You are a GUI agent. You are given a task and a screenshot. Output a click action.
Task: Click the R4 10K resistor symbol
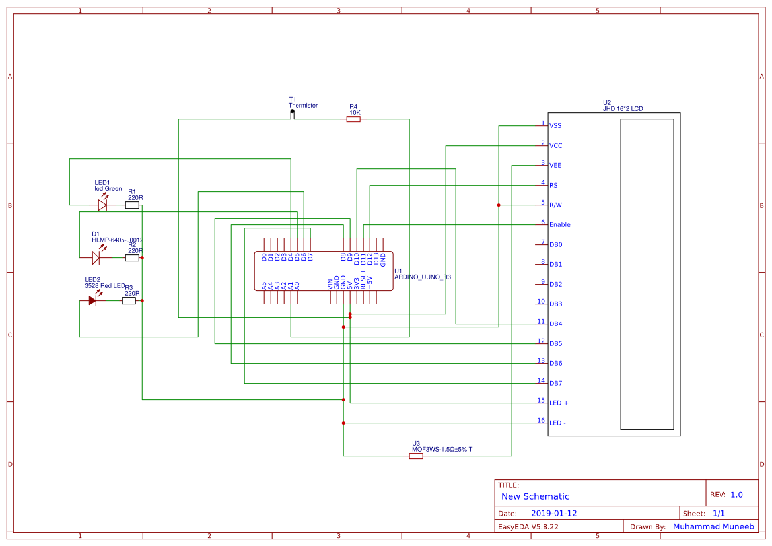click(353, 119)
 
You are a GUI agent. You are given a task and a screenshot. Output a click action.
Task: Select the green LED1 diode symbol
click(102, 205)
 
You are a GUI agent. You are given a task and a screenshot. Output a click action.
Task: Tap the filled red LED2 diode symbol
click(93, 300)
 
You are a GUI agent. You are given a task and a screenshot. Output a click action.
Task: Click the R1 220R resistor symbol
click(132, 205)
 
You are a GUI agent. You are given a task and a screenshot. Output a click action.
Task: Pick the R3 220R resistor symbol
click(129, 300)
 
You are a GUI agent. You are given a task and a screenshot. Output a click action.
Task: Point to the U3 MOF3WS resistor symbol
click(416, 456)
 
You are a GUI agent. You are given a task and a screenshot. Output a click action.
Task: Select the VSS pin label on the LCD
click(555, 125)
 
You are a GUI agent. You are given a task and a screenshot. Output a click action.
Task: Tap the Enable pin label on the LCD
click(559, 224)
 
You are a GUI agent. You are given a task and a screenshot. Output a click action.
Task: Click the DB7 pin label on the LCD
click(555, 383)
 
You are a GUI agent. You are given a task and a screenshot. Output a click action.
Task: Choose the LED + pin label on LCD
click(559, 403)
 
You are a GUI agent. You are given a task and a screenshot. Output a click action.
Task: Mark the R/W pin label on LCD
click(555, 205)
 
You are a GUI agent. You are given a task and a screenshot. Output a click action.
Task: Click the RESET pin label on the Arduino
click(363, 279)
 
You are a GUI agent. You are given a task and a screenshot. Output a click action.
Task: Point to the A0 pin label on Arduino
click(297, 285)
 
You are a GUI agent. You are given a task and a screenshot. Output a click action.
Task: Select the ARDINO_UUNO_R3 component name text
click(423, 277)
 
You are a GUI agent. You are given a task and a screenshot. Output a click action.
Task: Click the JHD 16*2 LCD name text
click(622, 108)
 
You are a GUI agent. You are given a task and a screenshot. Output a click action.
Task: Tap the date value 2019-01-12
click(553, 513)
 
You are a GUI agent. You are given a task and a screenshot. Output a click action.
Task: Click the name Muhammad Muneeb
click(713, 526)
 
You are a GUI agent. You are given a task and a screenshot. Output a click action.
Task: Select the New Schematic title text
click(535, 496)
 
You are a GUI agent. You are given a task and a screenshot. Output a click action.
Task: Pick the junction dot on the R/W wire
click(499, 205)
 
